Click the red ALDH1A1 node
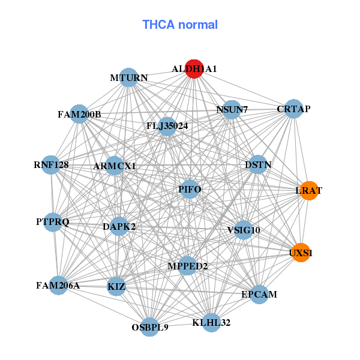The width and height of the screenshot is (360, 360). pos(193,68)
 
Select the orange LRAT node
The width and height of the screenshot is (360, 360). pos(308,190)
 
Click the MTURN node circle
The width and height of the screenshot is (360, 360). pos(129,77)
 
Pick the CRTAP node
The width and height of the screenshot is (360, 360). pos(293,109)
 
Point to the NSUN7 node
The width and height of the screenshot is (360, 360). pos(231,109)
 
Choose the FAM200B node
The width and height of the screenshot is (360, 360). pos(79,114)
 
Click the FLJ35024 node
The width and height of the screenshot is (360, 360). pos(167,126)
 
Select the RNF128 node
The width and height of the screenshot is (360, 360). pos(51,164)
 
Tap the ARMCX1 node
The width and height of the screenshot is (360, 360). pos(115,166)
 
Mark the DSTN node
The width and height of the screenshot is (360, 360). pos(257,164)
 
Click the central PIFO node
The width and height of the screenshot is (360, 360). pos(189,190)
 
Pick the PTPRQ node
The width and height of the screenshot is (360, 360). pos(53,222)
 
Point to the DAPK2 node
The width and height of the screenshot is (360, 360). pos(119,226)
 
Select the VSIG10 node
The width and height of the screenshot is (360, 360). pos(243,230)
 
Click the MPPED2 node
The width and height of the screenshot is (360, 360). pos(187,266)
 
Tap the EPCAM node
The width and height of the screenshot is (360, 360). pos(259,295)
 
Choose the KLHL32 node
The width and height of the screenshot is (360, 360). pos(211,323)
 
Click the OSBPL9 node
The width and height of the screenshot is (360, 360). pos(150,327)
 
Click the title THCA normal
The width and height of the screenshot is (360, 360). pos(180,25)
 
